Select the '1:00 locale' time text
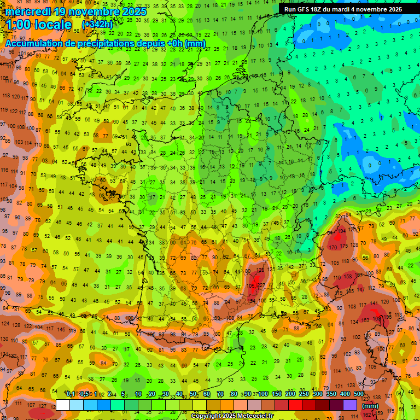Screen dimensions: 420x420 click(x=39, y=25)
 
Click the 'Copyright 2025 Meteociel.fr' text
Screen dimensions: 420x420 click(x=232, y=416)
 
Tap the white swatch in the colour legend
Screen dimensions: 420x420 click(x=63, y=405)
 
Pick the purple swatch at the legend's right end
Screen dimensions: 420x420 click(x=350, y=405)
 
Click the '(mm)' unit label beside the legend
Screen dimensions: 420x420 click(x=370, y=406)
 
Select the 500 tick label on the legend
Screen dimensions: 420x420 click(x=359, y=394)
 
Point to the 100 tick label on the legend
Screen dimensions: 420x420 click(x=263, y=394)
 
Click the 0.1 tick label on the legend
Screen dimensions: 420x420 click(x=71, y=394)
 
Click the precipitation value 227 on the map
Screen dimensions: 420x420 click(x=262, y=284)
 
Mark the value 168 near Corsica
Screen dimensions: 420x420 click(x=378, y=319)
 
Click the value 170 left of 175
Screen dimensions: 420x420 click(x=332, y=247)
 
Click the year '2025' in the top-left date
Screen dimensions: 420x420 click(x=133, y=11)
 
